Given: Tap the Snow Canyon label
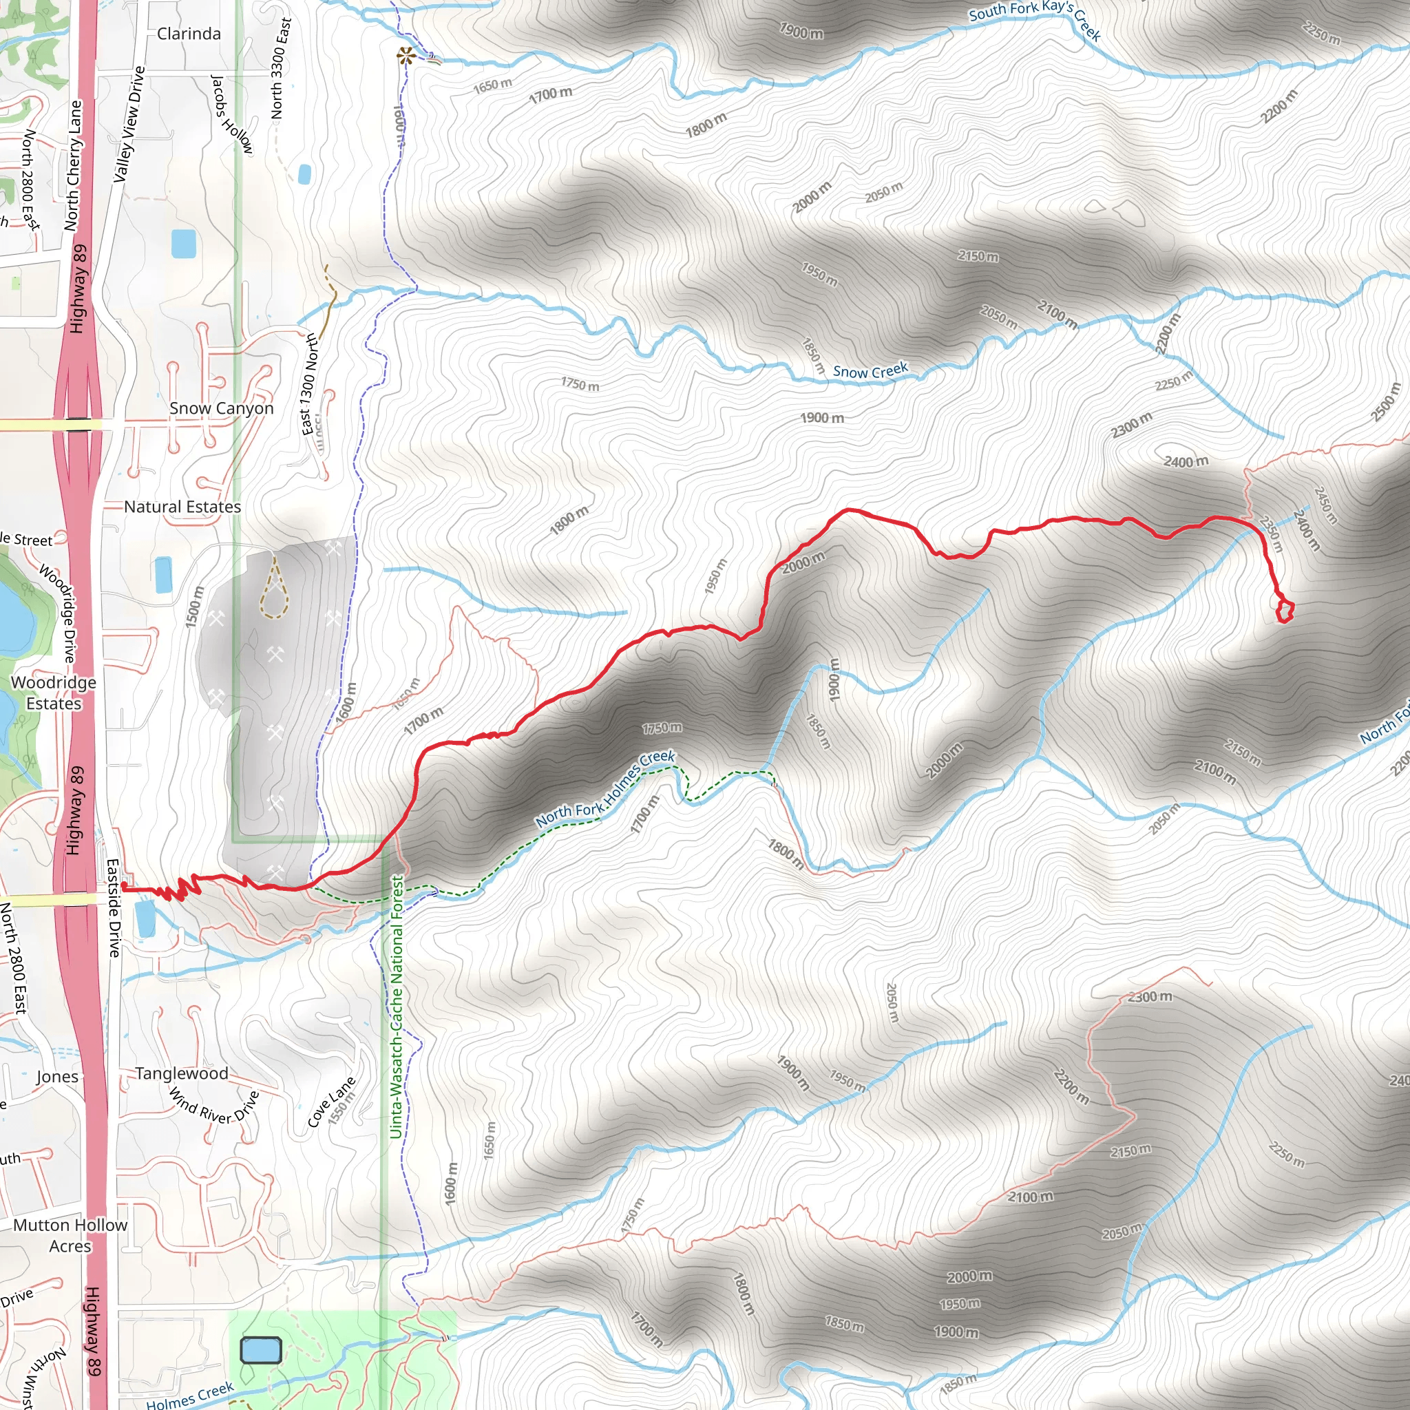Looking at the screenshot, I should (221, 409).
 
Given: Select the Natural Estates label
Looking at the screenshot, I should (182, 507).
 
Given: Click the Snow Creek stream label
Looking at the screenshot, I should (870, 372).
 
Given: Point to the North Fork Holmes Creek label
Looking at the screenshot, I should (605, 790).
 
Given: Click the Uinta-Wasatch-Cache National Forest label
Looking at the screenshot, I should (397, 1007).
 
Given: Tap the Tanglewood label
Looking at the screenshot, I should (182, 1073).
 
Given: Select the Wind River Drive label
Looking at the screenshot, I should (214, 1107).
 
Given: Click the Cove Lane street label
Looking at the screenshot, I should (331, 1102).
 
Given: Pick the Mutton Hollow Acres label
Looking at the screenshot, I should (70, 1236).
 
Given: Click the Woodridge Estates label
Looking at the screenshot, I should (53, 693).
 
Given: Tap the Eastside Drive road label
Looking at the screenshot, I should (114, 907).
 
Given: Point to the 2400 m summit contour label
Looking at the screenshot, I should (1186, 461).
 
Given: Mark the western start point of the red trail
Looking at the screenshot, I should (124, 886).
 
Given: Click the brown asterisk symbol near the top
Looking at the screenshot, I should (406, 56).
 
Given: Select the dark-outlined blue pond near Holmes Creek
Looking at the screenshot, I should (260, 1350).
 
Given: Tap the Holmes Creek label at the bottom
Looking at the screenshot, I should (190, 1396).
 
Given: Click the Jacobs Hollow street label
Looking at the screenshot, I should (231, 114).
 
